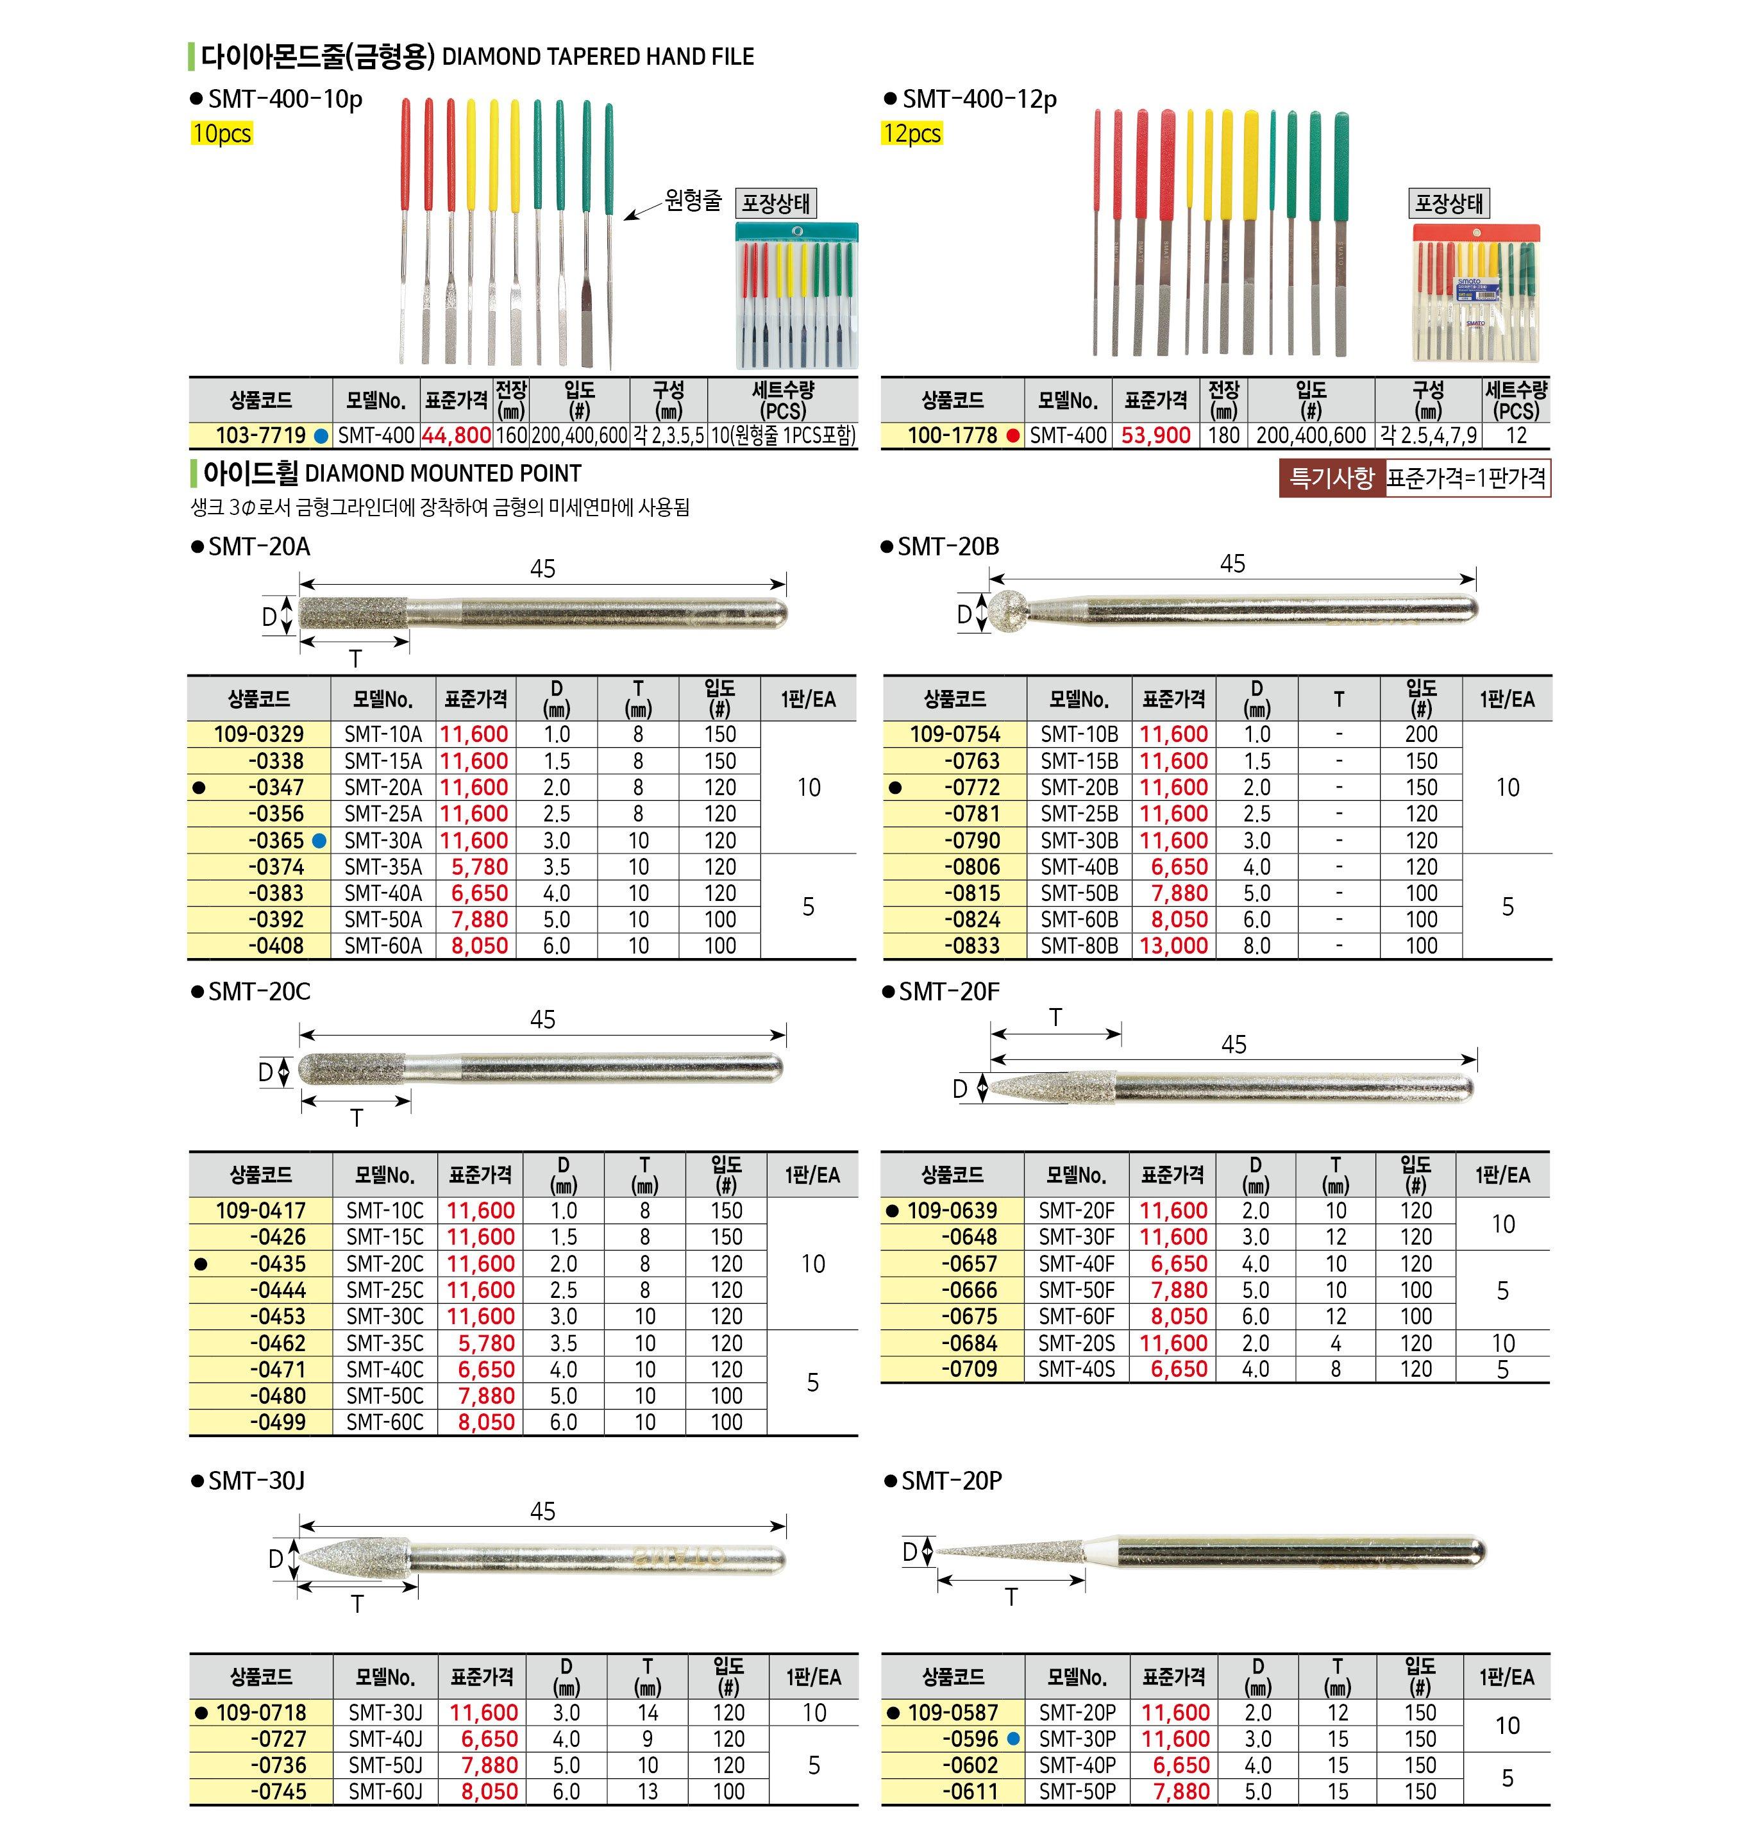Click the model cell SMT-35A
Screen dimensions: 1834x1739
pyautogui.click(x=383, y=867)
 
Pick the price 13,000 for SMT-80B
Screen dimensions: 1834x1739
pyautogui.click(x=1173, y=946)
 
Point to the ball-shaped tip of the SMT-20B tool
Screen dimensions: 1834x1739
pyautogui.click(x=1004, y=610)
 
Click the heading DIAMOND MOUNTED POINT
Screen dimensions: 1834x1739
pyautogui.click(x=442, y=474)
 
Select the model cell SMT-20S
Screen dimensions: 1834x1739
pyautogui.click(x=1076, y=1343)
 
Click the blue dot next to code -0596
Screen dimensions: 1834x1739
pyautogui.click(x=1013, y=1740)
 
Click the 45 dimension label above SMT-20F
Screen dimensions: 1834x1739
pyautogui.click(x=1233, y=1045)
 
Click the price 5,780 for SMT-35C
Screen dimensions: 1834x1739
pyautogui.click(x=486, y=1343)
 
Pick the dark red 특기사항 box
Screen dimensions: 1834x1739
pyautogui.click(x=1331, y=478)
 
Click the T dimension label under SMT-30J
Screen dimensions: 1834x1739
pyautogui.click(x=357, y=1604)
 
